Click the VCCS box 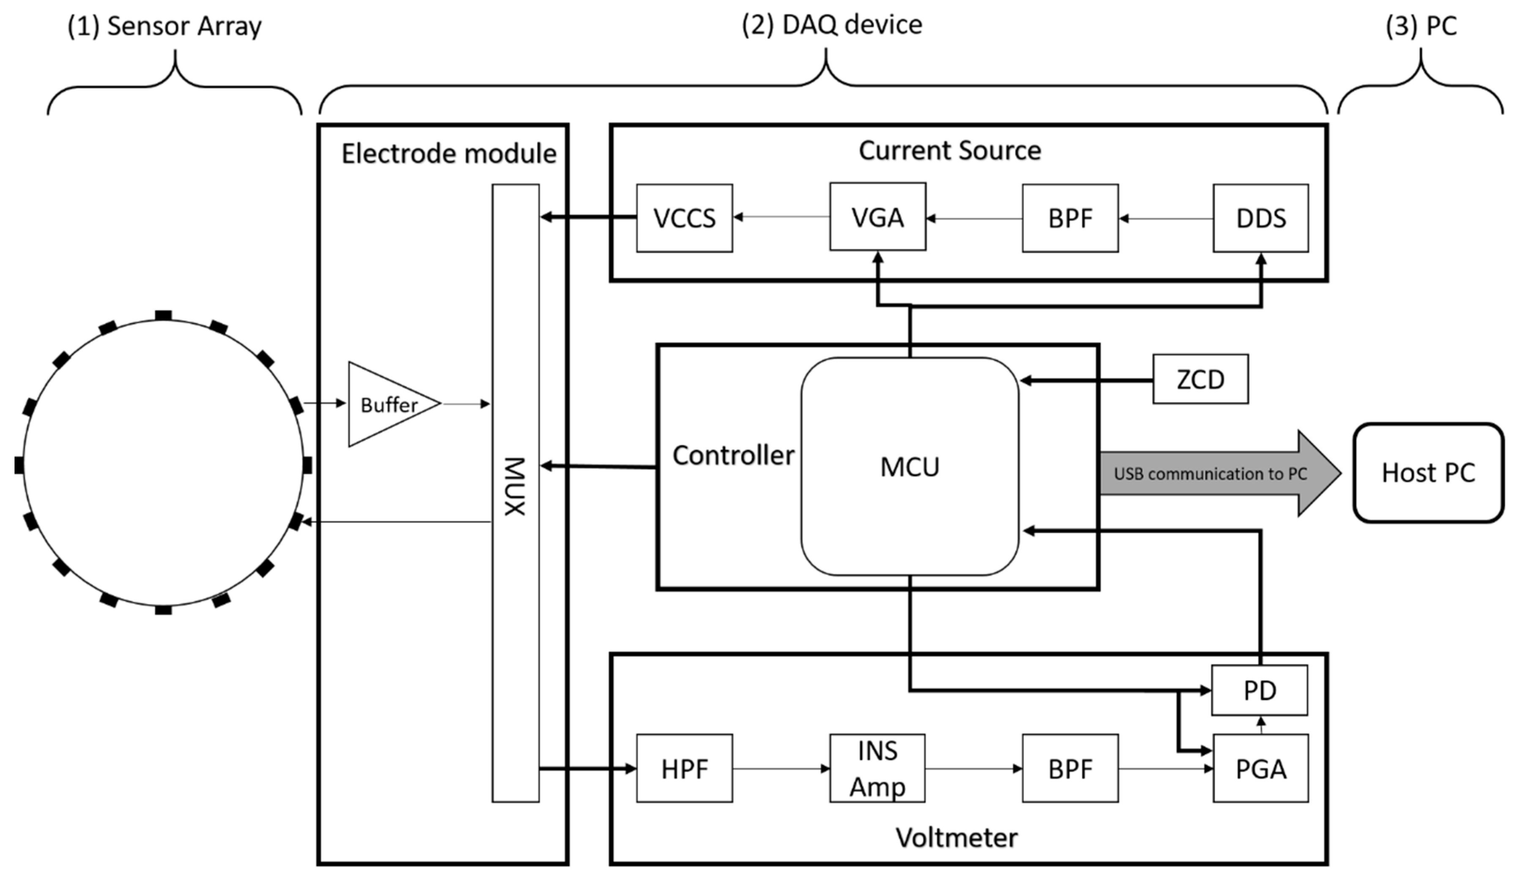[x=684, y=218]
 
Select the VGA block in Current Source [x=877, y=217]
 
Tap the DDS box [x=1260, y=218]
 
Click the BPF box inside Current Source [x=1069, y=218]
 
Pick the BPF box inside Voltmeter [x=1069, y=769]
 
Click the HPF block [x=684, y=769]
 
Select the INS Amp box [x=877, y=769]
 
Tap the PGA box [x=1260, y=769]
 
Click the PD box [x=1259, y=690]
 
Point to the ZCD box [x=1200, y=379]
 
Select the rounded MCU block [x=909, y=467]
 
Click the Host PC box [x=1428, y=473]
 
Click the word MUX [x=515, y=486]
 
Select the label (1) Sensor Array [x=164, y=26]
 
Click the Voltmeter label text [x=956, y=837]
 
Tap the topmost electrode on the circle [x=163, y=315]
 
